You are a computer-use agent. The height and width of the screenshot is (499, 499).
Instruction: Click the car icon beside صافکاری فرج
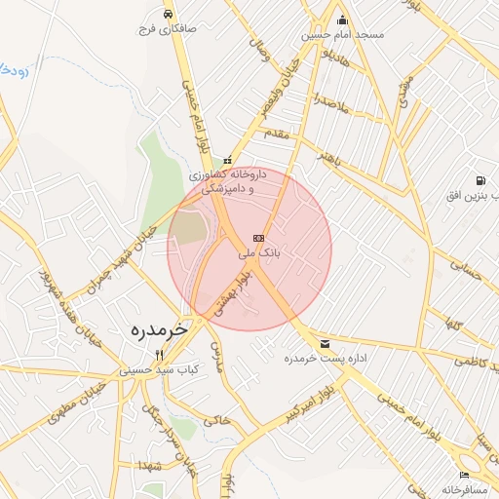[170, 15]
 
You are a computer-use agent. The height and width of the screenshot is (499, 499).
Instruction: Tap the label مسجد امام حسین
[342, 35]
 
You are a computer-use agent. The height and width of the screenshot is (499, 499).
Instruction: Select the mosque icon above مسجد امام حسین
[342, 20]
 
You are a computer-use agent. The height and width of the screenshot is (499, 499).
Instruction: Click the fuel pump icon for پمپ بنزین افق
[480, 180]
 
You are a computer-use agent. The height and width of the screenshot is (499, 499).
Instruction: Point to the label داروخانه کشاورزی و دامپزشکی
[228, 181]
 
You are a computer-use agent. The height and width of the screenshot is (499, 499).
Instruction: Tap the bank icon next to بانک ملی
[258, 238]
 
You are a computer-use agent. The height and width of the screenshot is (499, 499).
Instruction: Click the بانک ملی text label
[259, 252]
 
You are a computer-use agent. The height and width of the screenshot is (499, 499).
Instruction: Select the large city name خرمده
[159, 331]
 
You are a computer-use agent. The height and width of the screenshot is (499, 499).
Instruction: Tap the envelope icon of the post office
[324, 344]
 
